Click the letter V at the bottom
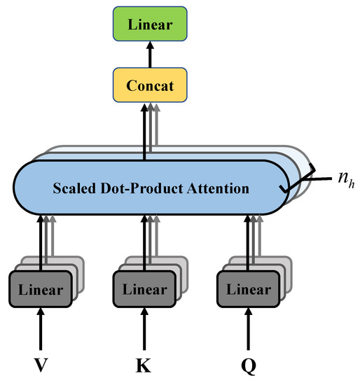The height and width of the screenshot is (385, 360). tap(41, 365)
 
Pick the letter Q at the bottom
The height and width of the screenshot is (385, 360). tap(249, 365)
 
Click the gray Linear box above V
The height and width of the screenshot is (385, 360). tap(41, 288)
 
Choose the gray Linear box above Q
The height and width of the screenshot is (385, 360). tap(249, 288)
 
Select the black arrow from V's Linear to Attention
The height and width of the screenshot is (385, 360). tap(41, 241)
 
